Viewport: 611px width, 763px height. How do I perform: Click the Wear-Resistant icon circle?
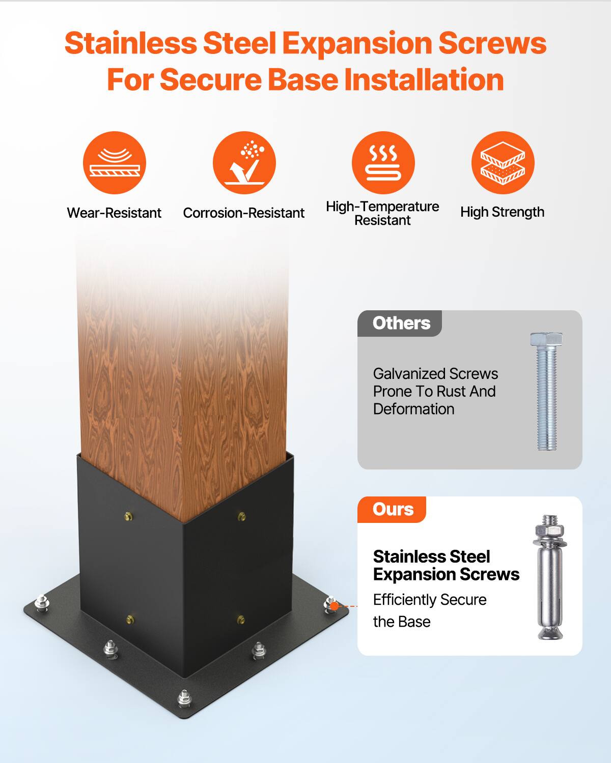115,163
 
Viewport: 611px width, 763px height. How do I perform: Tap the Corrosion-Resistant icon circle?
244,163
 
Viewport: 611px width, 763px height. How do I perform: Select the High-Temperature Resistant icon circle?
383,163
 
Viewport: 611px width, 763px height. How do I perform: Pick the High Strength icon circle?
503,163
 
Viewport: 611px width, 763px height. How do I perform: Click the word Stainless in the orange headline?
130,44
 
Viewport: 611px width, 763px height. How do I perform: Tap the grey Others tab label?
401,324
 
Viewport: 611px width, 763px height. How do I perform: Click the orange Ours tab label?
393,510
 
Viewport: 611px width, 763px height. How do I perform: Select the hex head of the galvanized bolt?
546,339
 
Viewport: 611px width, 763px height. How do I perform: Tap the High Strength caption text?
502,212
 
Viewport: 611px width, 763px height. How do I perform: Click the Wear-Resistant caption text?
114,213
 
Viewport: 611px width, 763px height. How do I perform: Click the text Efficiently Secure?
430,600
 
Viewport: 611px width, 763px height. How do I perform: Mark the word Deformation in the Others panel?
413,409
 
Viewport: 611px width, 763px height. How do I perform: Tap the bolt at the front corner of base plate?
184,698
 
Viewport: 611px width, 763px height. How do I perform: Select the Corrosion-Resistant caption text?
243,213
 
